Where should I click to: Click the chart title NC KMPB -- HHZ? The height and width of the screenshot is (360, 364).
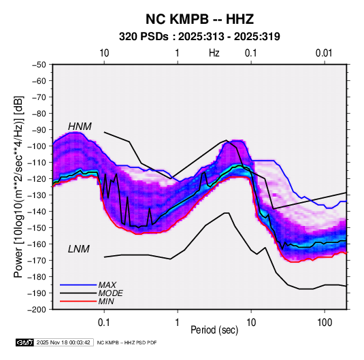199,19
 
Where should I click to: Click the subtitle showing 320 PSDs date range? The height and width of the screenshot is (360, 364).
199,37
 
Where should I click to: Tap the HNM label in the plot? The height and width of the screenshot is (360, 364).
80,127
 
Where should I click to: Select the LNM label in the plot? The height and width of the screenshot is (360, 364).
79,249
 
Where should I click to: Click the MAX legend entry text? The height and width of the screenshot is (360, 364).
107,285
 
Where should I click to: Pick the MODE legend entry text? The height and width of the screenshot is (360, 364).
110,293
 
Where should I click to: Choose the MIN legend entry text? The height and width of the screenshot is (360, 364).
106,301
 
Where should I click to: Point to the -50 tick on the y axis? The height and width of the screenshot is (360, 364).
39,65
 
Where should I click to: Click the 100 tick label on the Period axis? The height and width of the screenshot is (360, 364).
325,323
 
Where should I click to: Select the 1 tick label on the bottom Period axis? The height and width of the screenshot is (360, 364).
178,323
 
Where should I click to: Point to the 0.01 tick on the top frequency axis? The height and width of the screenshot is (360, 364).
324,53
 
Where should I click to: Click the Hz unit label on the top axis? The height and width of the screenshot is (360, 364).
214,53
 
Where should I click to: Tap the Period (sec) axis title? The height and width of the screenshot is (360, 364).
214,330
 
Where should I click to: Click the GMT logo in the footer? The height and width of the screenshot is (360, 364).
25,342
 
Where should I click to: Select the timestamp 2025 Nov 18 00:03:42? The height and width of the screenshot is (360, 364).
63,342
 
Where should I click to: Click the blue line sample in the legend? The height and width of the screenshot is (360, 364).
78,285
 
